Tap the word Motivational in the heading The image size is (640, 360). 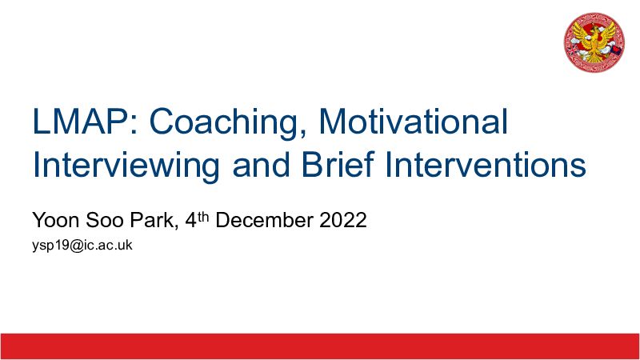[413, 122]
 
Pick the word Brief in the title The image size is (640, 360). [338, 165]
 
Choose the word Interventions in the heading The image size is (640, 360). [486, 165]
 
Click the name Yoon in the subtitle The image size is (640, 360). [55, 220]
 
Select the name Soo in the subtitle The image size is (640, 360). [105, 220]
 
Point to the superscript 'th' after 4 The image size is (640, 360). [203, 217]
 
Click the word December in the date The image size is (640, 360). [264, 220]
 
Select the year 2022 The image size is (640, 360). [343, 220]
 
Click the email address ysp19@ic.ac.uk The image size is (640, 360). [82, 246]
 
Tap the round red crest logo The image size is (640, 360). [594, 42]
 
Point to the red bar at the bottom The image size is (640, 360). [320, 346]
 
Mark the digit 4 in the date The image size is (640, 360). [191, 221]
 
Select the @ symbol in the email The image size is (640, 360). [76, 246]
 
